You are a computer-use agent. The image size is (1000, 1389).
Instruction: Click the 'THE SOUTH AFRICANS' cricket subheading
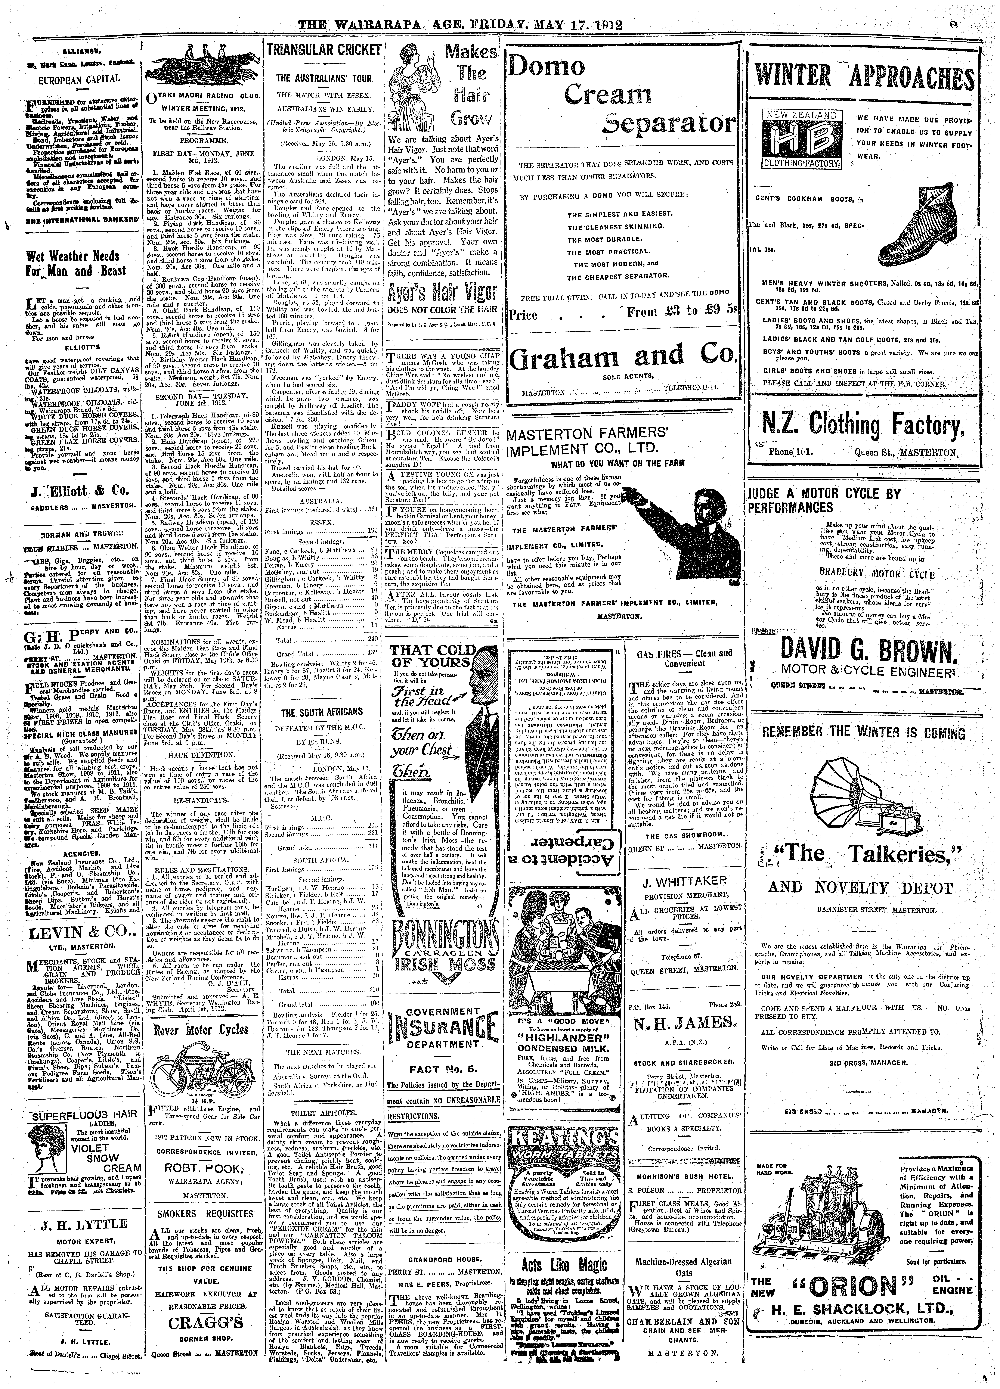pos(322,712)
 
